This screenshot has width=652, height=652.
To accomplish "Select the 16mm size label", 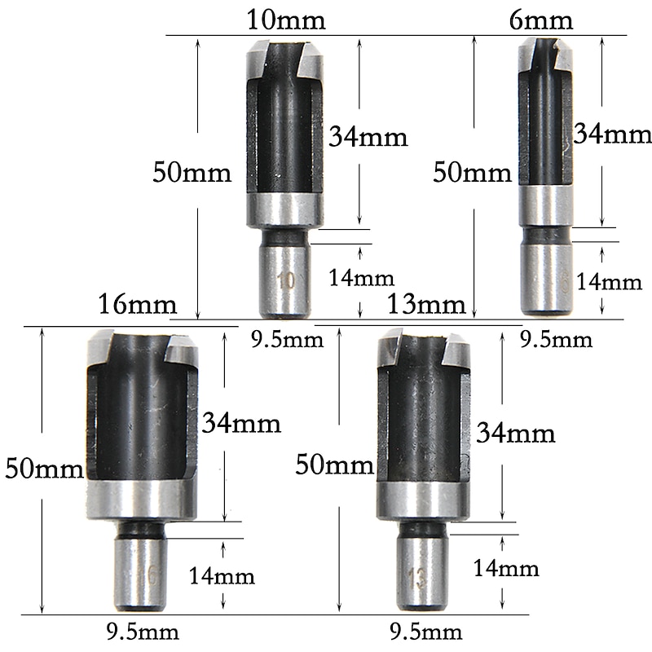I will click(137, 306).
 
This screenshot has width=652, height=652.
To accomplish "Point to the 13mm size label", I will click(426, 306).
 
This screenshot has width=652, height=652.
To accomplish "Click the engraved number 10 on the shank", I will click(285, 282).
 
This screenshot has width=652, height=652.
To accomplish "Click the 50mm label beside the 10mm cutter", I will click(192, 173).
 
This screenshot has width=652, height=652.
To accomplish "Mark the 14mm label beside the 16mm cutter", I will click(222, 576).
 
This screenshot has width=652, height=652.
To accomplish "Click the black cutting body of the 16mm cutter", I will click(143, 416).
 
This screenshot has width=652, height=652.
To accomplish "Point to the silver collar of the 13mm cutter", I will click(424, 499).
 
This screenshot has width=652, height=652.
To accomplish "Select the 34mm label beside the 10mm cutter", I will click(368, 137).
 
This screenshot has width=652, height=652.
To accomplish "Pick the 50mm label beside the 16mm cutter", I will click(43, 469).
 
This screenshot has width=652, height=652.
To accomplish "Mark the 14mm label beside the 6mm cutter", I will click(609, 282).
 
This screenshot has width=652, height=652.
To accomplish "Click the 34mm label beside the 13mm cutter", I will click(515, 433).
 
